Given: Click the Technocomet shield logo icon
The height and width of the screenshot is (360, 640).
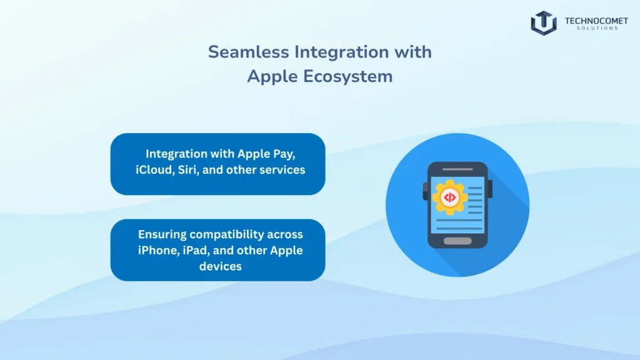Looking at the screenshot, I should [543, 22].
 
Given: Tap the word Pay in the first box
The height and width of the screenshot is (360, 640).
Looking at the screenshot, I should [293, 153].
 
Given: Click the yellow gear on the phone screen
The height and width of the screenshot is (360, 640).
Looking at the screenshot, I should [448, 197].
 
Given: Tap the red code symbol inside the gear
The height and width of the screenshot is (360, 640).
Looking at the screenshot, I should [448, 197].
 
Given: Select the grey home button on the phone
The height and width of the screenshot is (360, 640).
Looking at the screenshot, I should [457, 241].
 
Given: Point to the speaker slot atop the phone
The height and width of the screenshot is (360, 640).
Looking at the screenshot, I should [457, 169].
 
